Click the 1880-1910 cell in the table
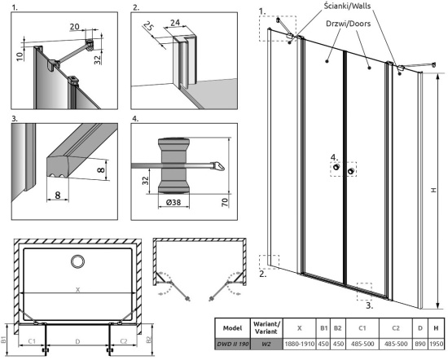(300, 344)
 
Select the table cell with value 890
(420, 344)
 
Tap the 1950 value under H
(436, 344)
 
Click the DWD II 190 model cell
(233, 344)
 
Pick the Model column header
(233, 328)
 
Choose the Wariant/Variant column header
(266, 328)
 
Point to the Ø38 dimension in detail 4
(173, 202)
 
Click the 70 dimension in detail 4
(225, 202)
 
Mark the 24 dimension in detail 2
(175, 22)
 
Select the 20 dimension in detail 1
(75, 26)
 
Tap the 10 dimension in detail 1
(20, 56)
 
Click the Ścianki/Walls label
(347, 6)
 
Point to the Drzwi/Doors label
(349, 23)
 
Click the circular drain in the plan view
(77, 261)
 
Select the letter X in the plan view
(77, 290)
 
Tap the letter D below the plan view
(77, 341)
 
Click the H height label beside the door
(434, 190)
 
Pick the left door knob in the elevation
(336, 167)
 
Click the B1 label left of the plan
(3, 340)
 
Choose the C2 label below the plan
(124, 341)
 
